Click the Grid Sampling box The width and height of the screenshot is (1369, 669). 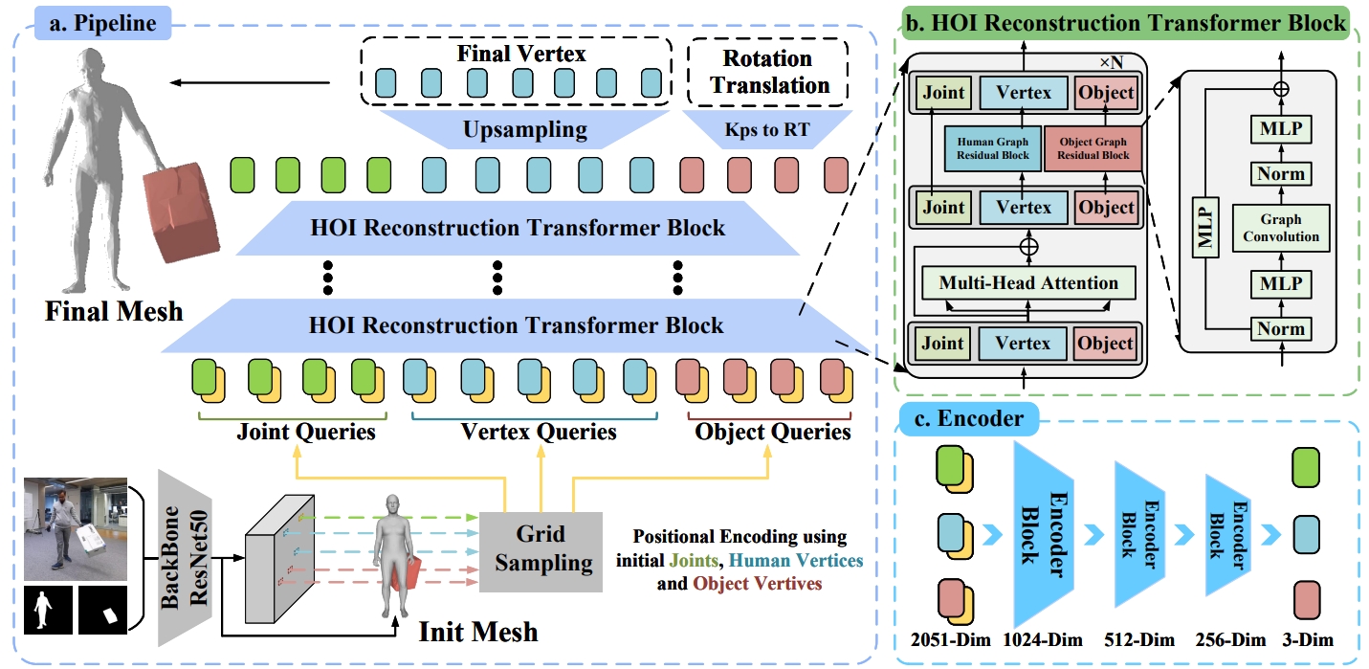[x=541, y=549]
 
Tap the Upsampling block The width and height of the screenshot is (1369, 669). [x=523, y=129]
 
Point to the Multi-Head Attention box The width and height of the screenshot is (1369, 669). [x=1028, y=283]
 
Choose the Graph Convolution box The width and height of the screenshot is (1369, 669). [x=1281, y=227]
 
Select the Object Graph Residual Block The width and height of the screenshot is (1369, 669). [x=1093, y=148]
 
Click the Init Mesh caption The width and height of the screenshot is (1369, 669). [x=477, y=632]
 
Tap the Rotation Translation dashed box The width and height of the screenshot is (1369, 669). [x=770, y=72]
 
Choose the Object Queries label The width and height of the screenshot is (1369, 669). [x=773, y=433]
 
